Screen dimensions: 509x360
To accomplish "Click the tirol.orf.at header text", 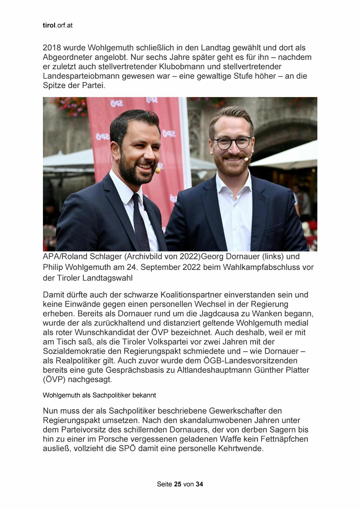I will pos(57,26).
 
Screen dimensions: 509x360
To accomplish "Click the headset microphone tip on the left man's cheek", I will pos(158,170).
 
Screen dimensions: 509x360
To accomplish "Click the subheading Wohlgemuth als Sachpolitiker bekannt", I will pos(99,395).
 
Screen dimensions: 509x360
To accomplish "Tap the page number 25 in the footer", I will pos(178,484).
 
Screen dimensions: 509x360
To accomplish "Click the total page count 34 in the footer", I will pos(199,484).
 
